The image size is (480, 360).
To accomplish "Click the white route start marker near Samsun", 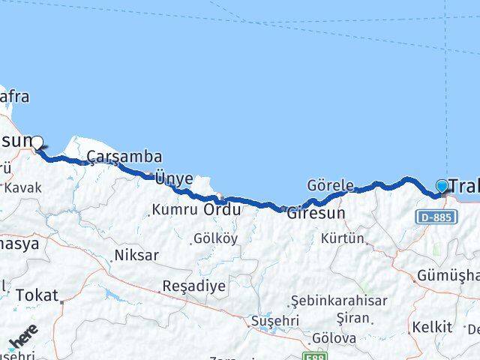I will point(36,141).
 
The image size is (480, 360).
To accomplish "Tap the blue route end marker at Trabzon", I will point(442,185).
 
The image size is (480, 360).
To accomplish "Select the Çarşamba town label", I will point(124,156).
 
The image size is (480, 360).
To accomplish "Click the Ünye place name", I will point(174,178).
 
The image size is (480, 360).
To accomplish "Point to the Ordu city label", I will point(222,210).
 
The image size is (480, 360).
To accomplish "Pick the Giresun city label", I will point(316,212).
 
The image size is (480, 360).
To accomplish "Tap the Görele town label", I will point(330,185).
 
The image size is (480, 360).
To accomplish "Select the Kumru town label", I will point(175,210).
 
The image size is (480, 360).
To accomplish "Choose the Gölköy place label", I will point(215,238).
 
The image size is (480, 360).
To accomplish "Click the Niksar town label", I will point(136,255).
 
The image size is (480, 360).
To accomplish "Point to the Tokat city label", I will point(37,295).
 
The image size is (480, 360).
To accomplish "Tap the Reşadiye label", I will point(194,286).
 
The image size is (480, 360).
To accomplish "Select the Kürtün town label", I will point(343,238).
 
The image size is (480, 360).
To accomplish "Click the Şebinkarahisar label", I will point(340,301).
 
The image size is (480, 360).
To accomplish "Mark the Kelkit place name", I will point(433,327).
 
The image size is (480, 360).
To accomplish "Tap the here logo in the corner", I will point(23,338).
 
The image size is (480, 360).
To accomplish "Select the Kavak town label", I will point(22,187).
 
